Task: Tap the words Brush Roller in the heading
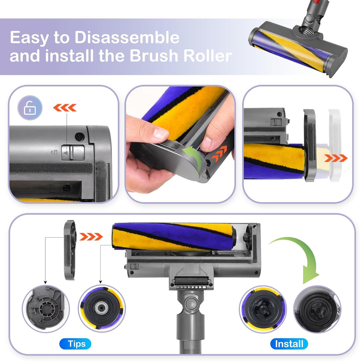click(180, 56)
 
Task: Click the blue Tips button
click(75, 344)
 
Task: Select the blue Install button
click(289, 344)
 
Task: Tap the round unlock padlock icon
click(30, 108)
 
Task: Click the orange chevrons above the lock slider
click(65, 108)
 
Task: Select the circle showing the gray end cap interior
click(46, 307)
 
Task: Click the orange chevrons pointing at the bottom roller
click(91, 237)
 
